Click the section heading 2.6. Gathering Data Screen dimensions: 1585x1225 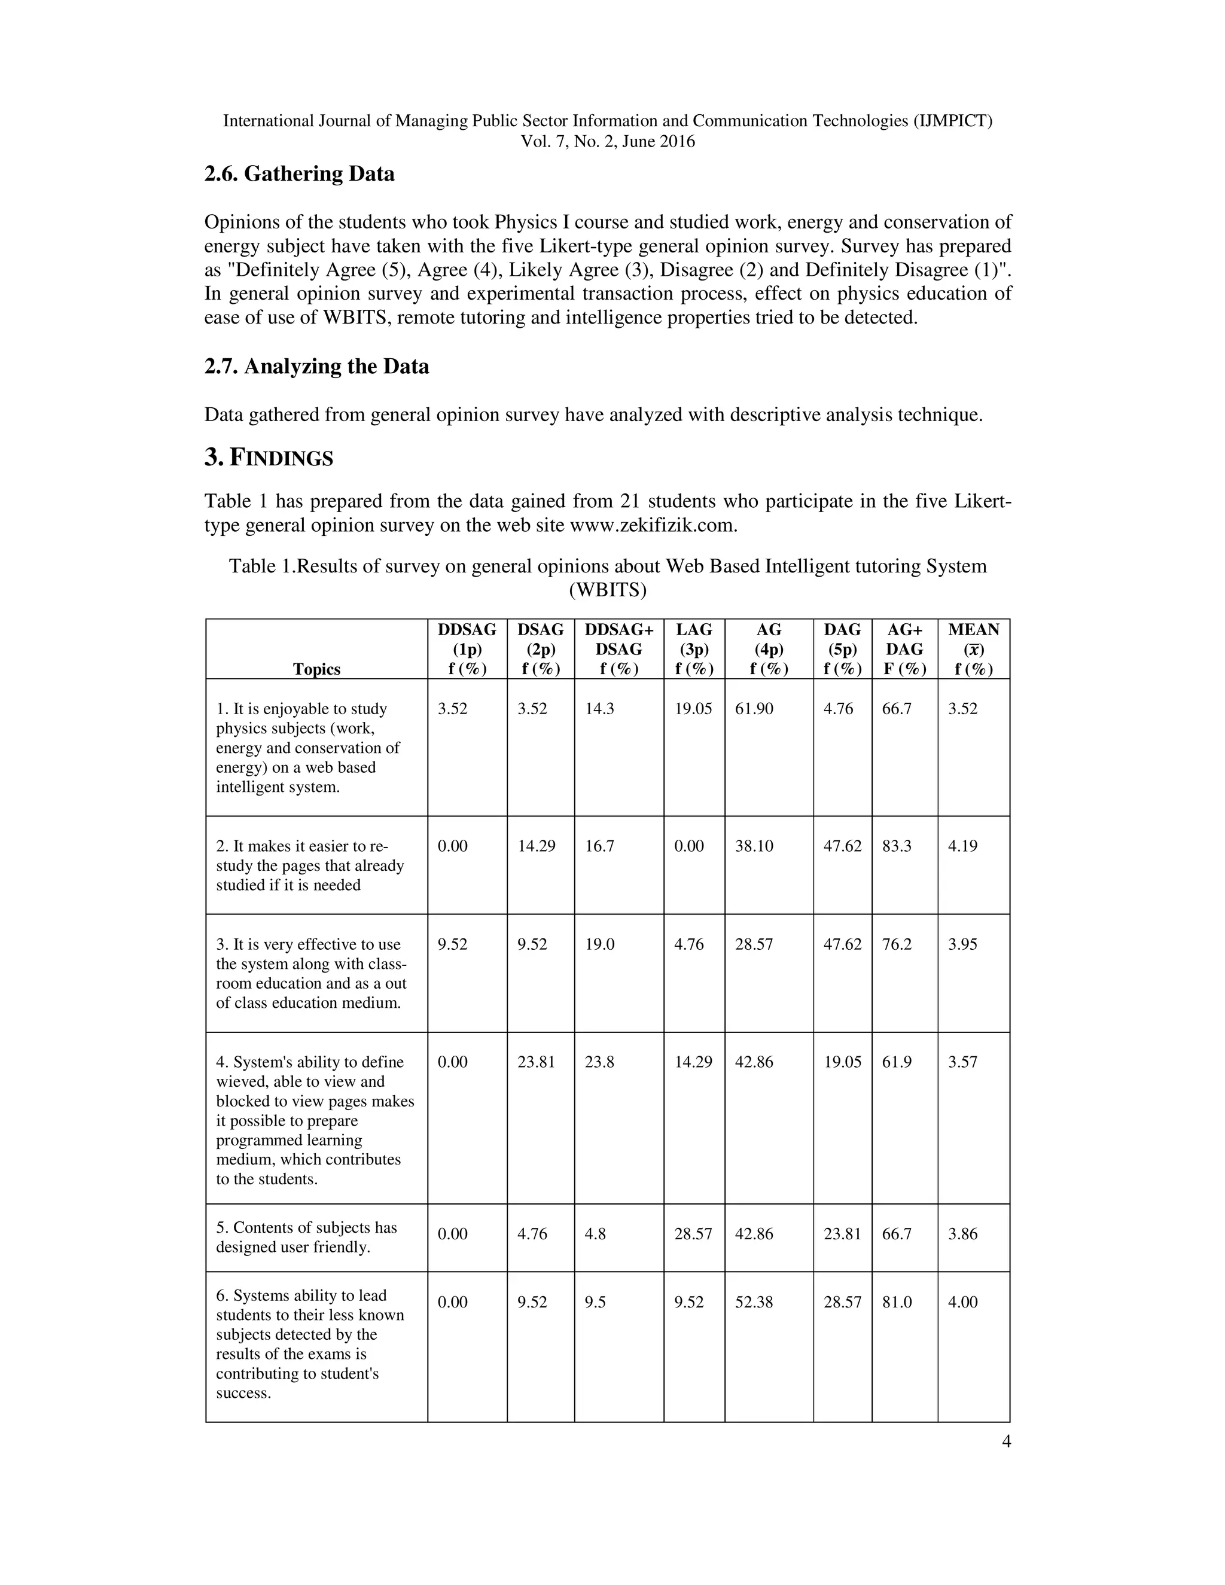click(x=299, y=174)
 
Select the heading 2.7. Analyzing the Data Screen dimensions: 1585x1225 click(x=316, y=367)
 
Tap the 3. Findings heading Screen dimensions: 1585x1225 click(x=269, y=458)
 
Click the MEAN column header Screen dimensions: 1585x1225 click(x=973, y=649)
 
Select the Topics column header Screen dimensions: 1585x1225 click(x=316, y=669)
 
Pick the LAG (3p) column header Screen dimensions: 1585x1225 click(x=694, y=649)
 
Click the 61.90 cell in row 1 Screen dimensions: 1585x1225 click(x=754, y=708)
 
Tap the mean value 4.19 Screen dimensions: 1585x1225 click(x=962, y=846)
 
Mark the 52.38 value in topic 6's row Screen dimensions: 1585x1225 click(x=754, y=1302)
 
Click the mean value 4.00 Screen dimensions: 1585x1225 click(x=962, y=1302)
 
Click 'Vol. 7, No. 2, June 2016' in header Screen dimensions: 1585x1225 click(x=608, y=142)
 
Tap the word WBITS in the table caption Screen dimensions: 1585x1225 click(x=608, y=590)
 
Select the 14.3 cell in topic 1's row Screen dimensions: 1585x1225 click(x=599, y=708)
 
